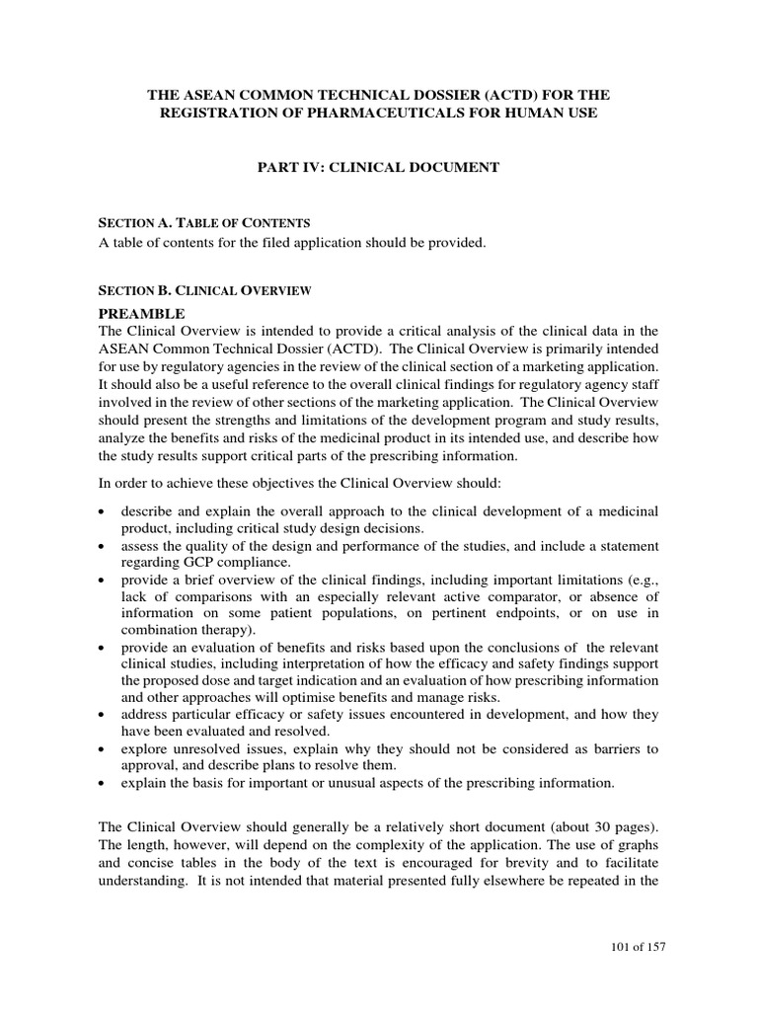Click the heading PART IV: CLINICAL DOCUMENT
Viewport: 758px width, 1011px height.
379,169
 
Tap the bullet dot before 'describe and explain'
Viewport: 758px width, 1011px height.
105,511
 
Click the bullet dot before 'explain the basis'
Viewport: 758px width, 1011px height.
105,785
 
